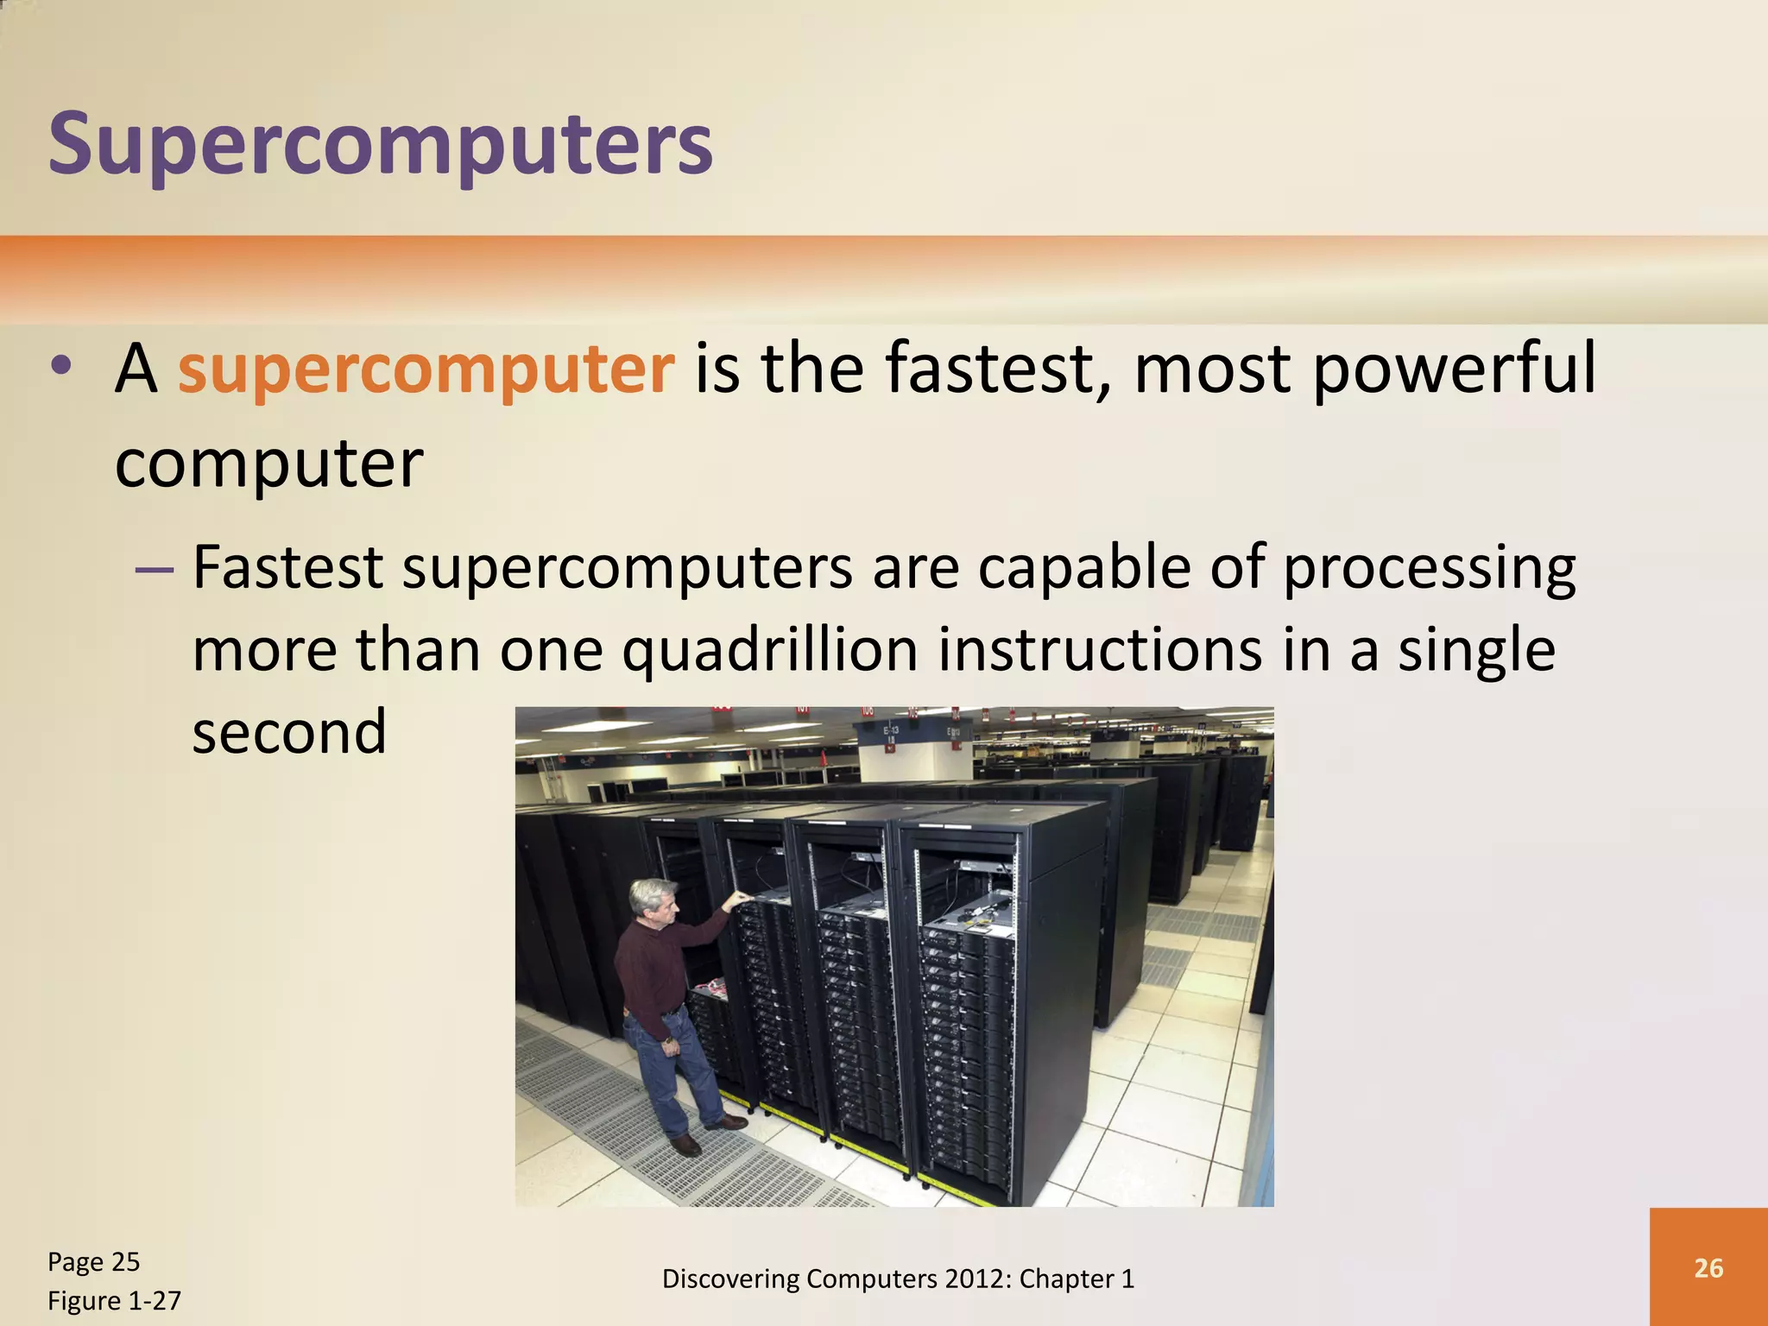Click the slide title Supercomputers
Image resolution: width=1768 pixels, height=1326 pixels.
tap(380, 144)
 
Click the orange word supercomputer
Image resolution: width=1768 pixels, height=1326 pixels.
tap(426, 369)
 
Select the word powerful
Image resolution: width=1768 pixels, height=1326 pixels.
tap(1454, 369)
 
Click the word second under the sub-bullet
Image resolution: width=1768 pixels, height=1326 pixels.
tap(289, 732)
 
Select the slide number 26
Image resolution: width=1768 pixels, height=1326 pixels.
tap(1708, 1267)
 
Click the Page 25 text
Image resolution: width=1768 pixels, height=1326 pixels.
tap(93, 1262)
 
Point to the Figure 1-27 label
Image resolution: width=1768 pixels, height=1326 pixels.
tap(114, 1300)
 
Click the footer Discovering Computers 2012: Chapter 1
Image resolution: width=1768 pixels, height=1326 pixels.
tap(898, 1279)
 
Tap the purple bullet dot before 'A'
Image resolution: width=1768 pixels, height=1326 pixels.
tap(60, 366)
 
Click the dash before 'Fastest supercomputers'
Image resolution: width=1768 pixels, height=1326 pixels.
tap(155, 571)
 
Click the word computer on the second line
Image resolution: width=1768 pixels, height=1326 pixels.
tap(269, 464)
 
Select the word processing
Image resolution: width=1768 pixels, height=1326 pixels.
tap(1430, 569)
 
